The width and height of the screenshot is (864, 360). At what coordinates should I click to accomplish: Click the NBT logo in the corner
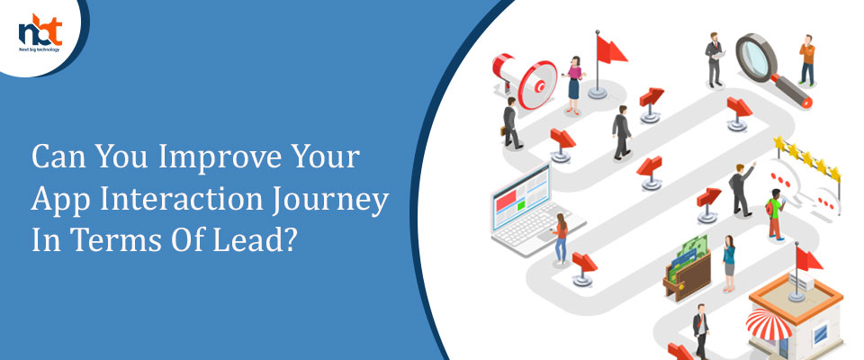(x=40, y=33)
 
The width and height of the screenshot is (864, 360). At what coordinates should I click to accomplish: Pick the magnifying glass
(x=772, y=69)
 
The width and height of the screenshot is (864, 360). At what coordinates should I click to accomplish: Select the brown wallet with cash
(x=687, y=269)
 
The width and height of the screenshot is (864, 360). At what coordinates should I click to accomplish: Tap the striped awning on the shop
(x=769, y=324)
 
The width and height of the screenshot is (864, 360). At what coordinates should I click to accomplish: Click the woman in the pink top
(x=573, y=85)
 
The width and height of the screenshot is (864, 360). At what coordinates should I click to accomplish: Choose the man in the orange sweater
(x=806, y=60)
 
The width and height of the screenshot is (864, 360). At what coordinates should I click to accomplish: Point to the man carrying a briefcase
(x=509, y=123)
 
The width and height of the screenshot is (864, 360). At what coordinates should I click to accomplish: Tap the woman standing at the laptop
(x=561, y=238)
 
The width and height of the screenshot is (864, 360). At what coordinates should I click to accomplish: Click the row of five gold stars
(x=807, y=159)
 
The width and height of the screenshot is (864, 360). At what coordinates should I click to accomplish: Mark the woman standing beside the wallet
(x=729, y=263)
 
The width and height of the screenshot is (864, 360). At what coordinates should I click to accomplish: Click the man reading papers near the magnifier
(x=715, y=59)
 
